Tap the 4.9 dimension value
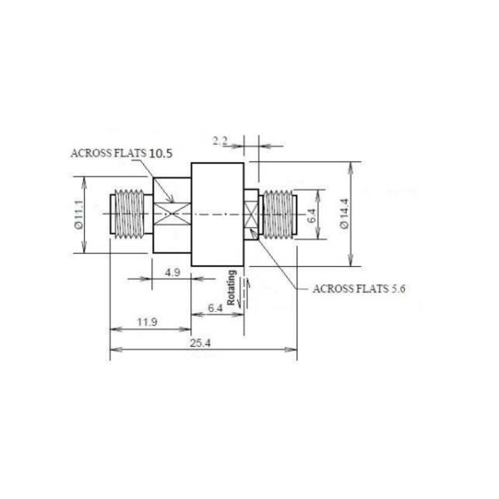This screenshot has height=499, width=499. click(x=171, y=272)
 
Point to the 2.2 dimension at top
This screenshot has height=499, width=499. click(x=220, y=140)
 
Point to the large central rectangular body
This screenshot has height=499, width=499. click(x=217, y=214)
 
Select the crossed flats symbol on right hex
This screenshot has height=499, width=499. click(x=251, y=214)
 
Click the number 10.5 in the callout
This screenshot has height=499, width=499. click(x=161, y=154)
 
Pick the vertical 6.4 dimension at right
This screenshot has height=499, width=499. click(x=311, y=215)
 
